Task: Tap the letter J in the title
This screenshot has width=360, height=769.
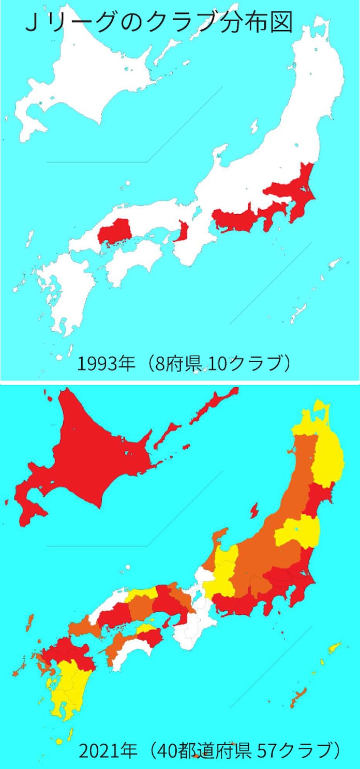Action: click(x=31, y=23)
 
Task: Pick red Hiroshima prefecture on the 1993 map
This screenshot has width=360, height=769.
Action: click(x=115, y=232)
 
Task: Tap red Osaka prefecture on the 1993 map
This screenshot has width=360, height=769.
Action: click(x=183, y=231)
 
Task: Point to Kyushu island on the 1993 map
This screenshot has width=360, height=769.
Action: click(x=65, y=290)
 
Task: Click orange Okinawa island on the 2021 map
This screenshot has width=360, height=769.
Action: click(x=298, y=697)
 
